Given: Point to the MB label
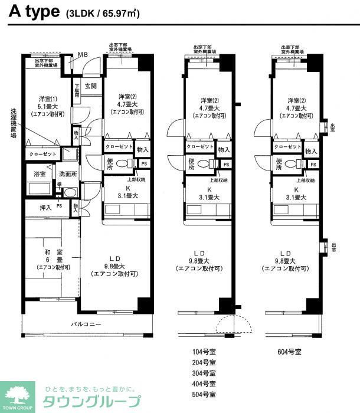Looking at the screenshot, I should coord(84,56).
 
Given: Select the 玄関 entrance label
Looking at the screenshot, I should coord(90,86).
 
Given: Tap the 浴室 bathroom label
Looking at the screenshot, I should coord(40,175).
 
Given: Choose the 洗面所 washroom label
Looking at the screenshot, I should coord(67,175).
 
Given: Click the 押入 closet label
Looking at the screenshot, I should coord(46,206).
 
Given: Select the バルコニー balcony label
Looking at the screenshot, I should coord(87,323).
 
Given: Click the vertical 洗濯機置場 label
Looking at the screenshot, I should coord(13,123).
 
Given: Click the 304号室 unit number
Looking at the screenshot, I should coord(204,373).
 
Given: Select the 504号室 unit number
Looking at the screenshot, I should coord(204,394).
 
